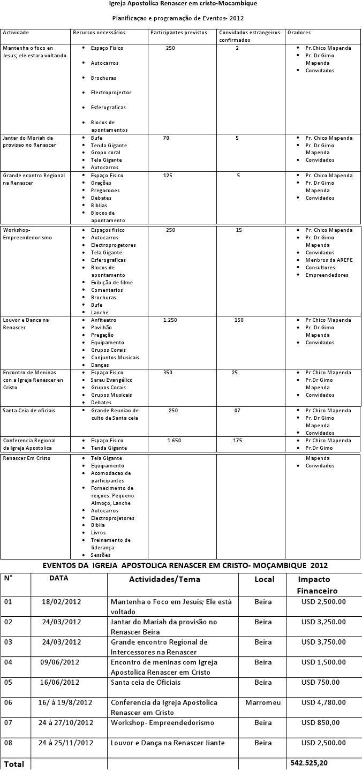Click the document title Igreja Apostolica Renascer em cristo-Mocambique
(x=183, y=4)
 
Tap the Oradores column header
(x=299, y=33)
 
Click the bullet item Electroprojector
(x=111, y=93)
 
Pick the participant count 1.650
(x=174, y=441)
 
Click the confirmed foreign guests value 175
(x=237, y=441)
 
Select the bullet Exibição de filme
(x=111, y=283)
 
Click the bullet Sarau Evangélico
(x=111, y=380)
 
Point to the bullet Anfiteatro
(x=103, y=320)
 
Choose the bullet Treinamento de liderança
(x=110, y=544)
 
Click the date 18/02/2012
(x=61, y=602)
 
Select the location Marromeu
(x=263, y=702)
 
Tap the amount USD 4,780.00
(x=323, y=702)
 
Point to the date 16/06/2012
(x=59, y=683)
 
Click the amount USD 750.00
(x=320, y=683)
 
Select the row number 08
(x=8, y=743)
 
